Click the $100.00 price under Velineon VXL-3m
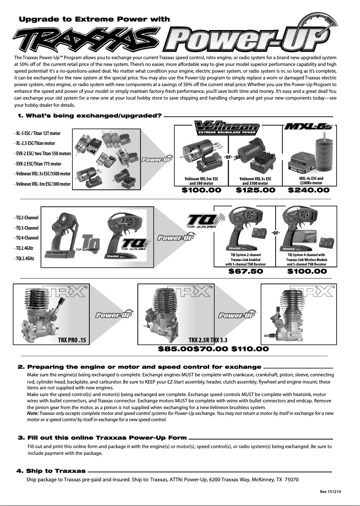coord(202,190)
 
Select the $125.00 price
coord(255,190)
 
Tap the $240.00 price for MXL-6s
coord(309,190)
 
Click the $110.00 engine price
coord(250,349)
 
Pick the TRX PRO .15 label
coord(72,340)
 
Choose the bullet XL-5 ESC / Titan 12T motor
coord(38,133)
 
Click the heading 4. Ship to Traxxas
coord(51,471)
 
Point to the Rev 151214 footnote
coord(330,492)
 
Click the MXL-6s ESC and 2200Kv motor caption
coord(311,181)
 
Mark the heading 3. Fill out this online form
coord(102,437)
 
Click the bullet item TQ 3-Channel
coord(27,227)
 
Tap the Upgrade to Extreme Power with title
coord(94,19)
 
